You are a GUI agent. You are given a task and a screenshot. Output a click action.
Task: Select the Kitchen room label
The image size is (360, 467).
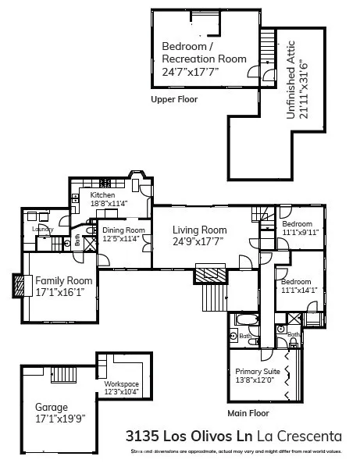tap(102, 195)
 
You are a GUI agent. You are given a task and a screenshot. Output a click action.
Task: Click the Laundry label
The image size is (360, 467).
tap(41, 229)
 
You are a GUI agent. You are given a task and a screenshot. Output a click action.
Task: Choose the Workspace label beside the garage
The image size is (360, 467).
tap(121, 384)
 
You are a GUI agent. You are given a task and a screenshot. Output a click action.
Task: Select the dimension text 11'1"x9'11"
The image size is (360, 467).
tap(301, 232)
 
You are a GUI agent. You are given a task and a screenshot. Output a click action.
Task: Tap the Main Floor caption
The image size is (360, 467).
tap(248, 412)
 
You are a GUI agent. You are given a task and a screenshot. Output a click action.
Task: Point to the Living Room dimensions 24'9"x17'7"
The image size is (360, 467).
tap(200, 241)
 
